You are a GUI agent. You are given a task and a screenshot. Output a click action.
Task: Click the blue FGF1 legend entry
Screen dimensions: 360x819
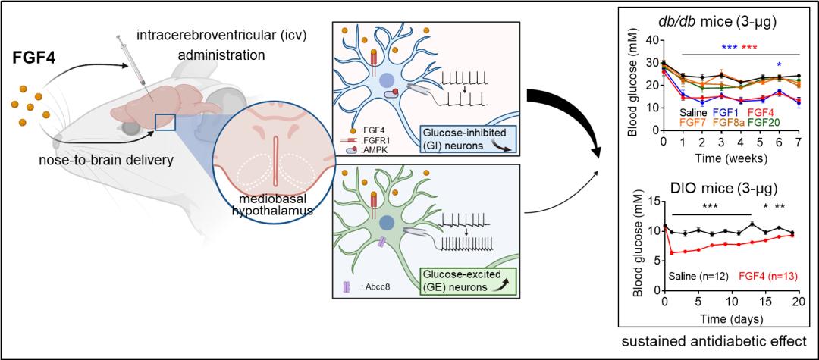[726, 112]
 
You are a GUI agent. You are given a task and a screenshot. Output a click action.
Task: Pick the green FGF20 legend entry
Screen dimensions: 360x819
[768, 123]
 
